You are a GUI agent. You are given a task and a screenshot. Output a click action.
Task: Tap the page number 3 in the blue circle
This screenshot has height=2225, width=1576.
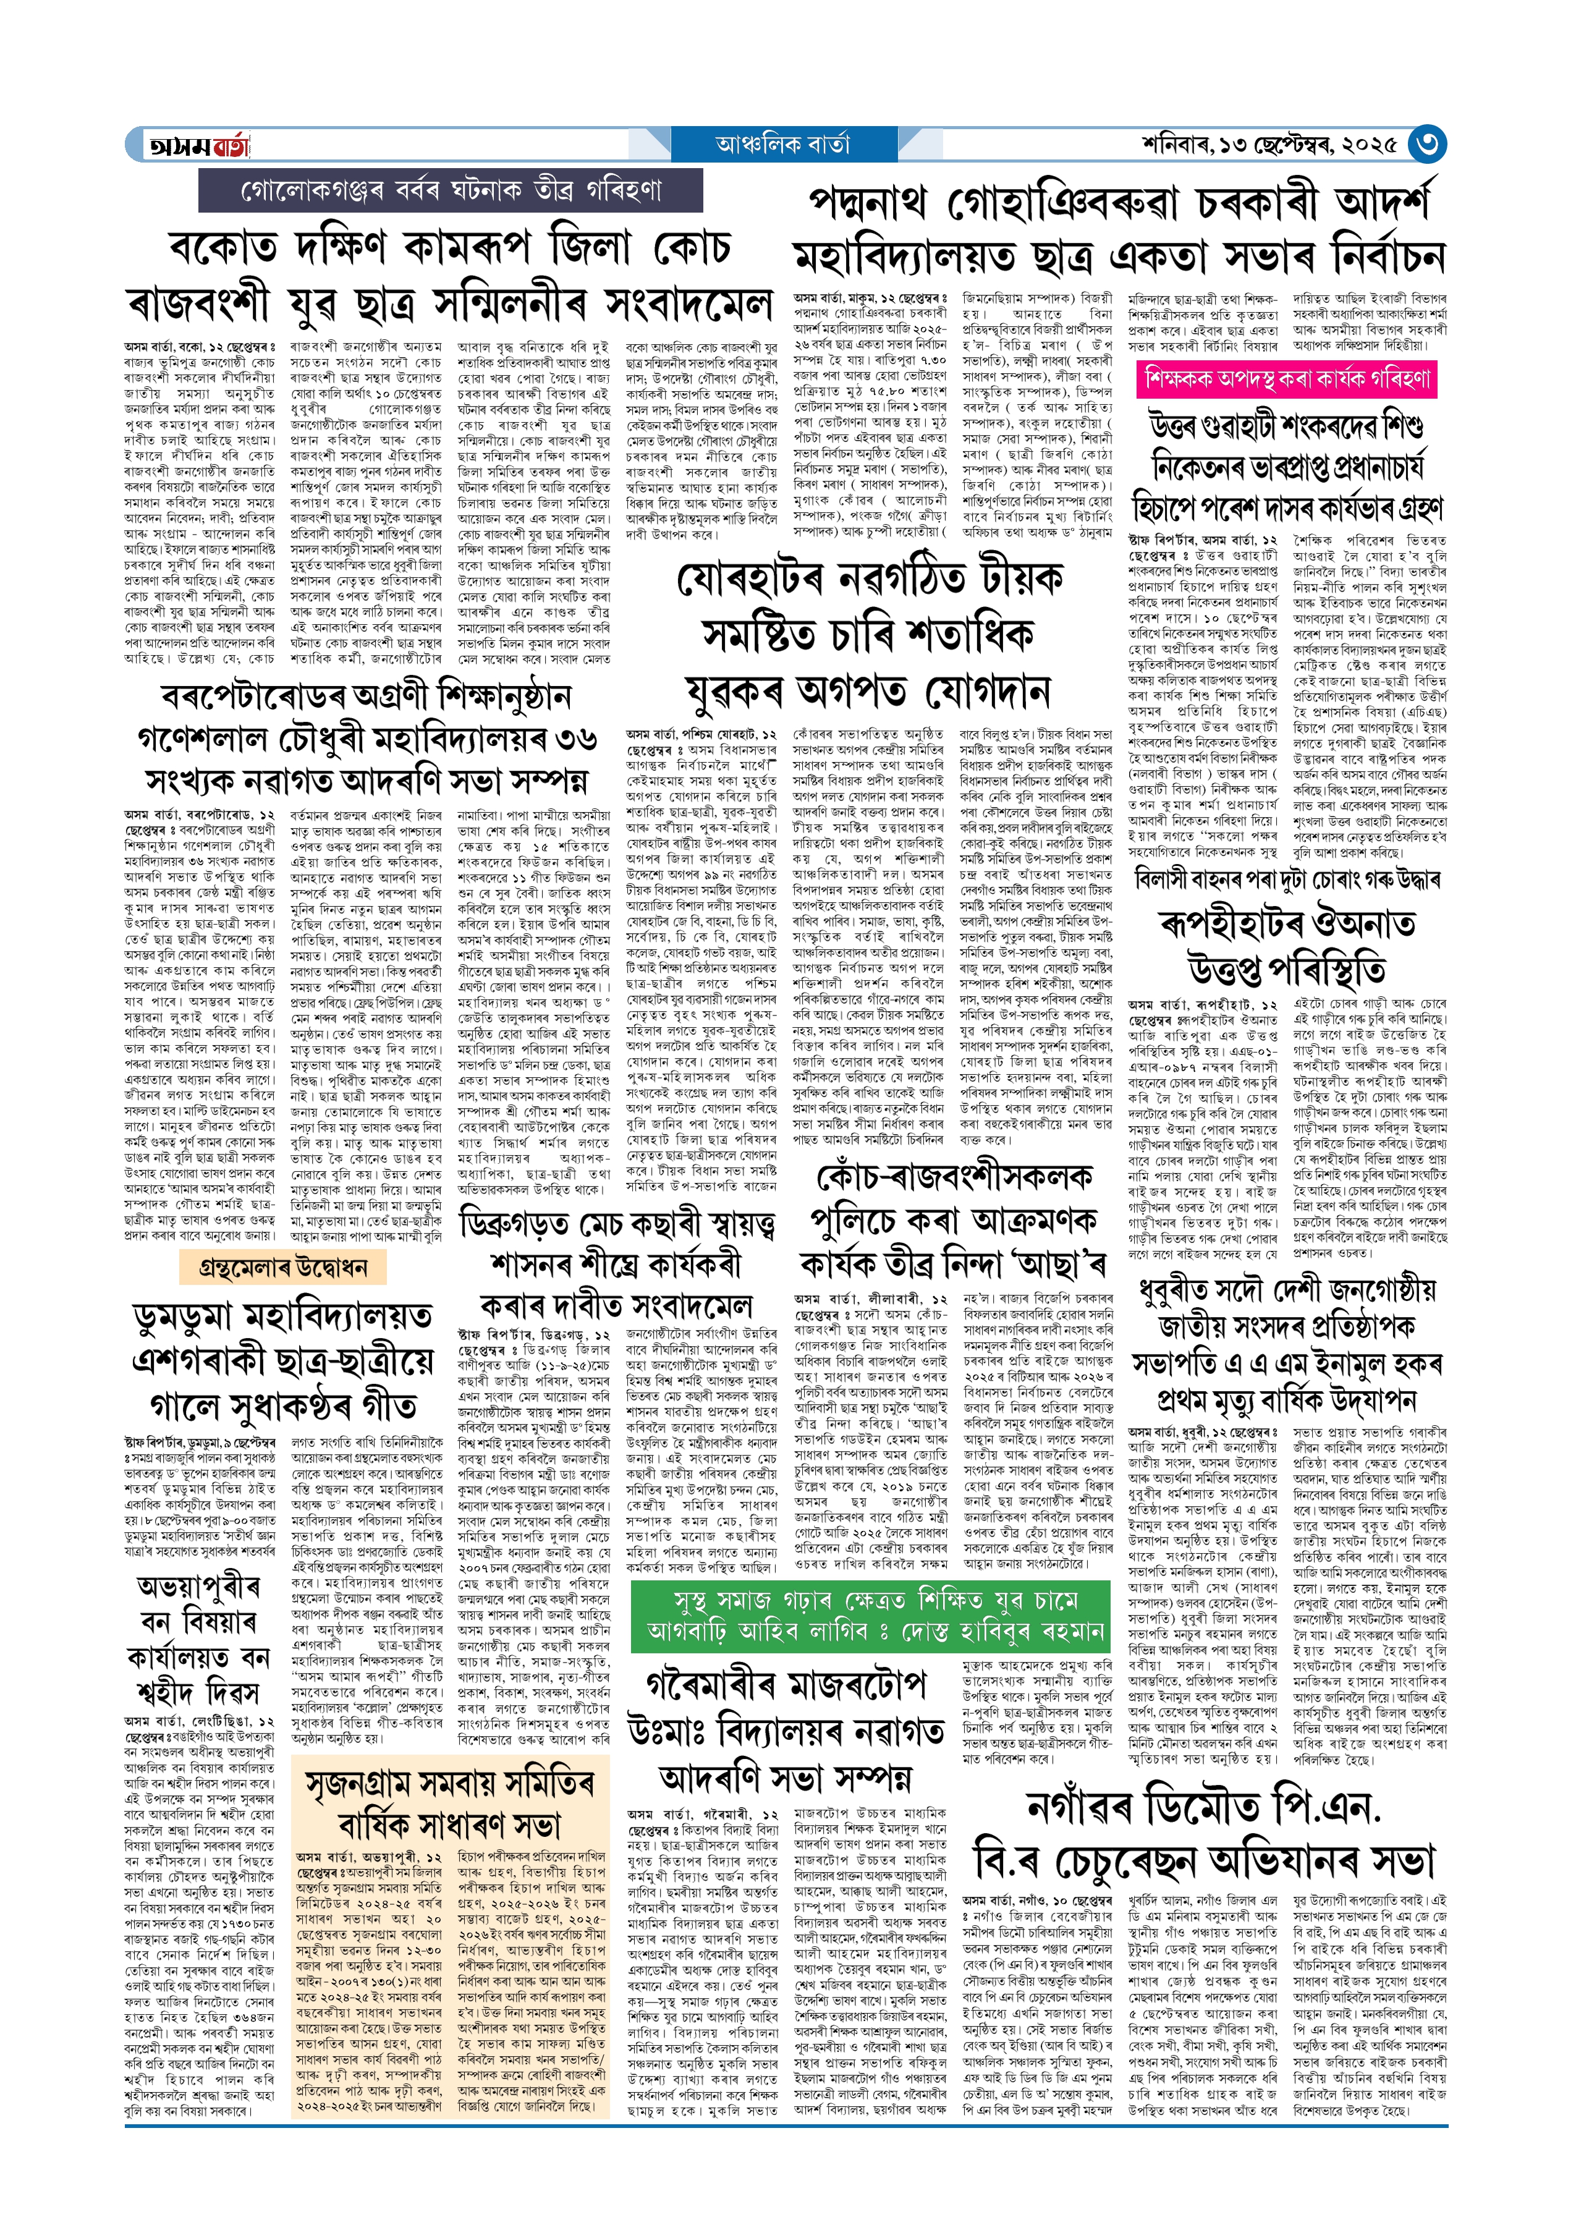pyautogui.click(x=1426, y=145)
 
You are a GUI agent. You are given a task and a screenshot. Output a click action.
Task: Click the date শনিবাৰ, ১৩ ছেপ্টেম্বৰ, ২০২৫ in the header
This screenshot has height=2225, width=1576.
pyautogui.click(x=1269, y=145)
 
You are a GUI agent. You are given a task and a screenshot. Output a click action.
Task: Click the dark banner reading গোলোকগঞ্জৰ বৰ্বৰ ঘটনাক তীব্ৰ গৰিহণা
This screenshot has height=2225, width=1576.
pyautogui.click(x=451, y=190)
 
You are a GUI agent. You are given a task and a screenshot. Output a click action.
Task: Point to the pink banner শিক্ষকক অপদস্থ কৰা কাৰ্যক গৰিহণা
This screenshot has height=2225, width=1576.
pyautogui.click(x=1286, y=378)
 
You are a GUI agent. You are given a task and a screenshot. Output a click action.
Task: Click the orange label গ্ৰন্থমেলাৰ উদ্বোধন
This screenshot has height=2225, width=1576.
pyautogui.click(x=282, y=1266)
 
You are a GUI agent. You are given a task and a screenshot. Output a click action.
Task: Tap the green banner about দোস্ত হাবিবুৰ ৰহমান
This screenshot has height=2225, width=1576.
pyautogui.click(x=870, y=1616)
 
